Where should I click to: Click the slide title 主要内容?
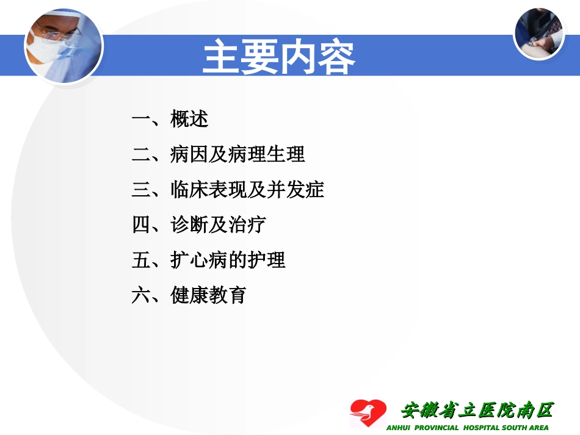pyautogui.click(x=278, y=57)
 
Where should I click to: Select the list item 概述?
pyautogui.click(x=189, y=119)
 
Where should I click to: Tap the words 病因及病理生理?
pyautogui.click(x=237, y=154)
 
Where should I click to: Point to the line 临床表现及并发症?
pyautogui.click(x=247, y=190)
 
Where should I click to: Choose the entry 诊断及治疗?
pyautogui.click(x=218, y=225)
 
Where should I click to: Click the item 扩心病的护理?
pyautogui.click(x=228, y=261)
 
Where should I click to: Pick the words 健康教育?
pyautogui.click(x=208, y=296)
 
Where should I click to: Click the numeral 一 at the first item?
pyautogui.click(x=140, y=119)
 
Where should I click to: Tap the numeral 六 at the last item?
pyautogui.click(x=140, y=296)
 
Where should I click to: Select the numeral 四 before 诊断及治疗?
pyautogui.click(x=140, y=225)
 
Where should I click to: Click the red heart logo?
pyautogui.click(x=368, y=413)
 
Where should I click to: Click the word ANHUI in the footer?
pyautogui.click(x=400, y=428)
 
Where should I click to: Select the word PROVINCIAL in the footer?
pyautogui.click(x=437, y=428)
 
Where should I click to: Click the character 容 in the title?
pyautogui.click(x=336, y=57)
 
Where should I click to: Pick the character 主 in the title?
pyautogui.click(x=222, y=57)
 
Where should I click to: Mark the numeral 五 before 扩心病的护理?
pyautogui.click(x=140, y=261)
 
